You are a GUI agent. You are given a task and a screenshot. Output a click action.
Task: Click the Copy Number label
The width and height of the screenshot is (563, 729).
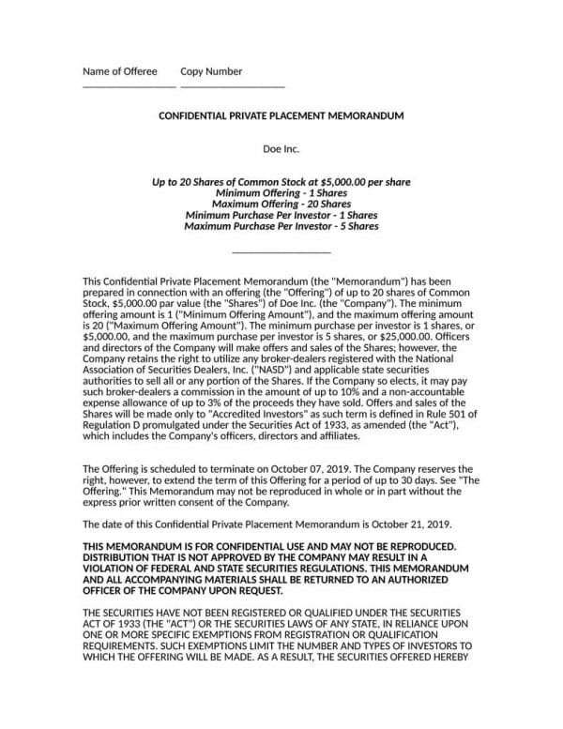[x=211, y=71]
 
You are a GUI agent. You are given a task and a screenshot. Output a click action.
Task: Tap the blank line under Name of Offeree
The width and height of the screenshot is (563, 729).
[x=129, y=86]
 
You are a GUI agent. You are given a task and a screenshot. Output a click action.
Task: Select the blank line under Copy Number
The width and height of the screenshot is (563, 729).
[x=232, y=86]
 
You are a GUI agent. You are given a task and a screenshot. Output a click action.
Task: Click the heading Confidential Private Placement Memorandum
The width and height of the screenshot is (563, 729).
[x=281, y=115]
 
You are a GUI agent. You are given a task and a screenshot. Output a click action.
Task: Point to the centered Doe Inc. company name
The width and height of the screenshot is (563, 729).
[x=281, y=148]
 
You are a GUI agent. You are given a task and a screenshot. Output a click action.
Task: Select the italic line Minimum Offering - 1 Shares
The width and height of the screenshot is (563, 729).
[x=281, y=192]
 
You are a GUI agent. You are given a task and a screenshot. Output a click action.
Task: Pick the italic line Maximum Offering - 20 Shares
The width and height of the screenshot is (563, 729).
[x=281, y=204]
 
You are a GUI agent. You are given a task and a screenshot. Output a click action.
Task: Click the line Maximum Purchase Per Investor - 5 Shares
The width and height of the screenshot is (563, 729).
[x=281, y=226]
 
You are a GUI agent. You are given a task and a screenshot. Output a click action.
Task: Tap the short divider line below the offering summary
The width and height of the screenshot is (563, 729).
[x=281, y=252]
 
